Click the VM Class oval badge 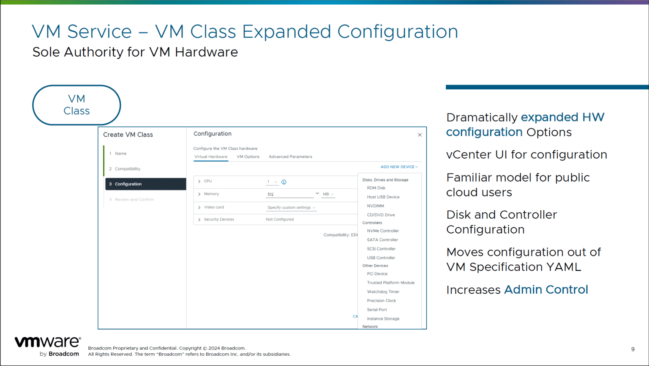(76, 105)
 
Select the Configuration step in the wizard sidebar (145, 184)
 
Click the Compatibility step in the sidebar (127, 169)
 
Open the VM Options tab (248, 157)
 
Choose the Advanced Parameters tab (290, 157)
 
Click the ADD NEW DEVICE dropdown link (399, 167)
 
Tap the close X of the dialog (420, 135)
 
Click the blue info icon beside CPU (284, 182)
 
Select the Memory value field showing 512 (290, 194)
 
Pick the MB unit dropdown (328, 194)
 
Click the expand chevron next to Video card (199, 207)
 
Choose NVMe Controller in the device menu (383, 231)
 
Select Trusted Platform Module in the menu (390, 283)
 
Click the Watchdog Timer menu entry (383, 292)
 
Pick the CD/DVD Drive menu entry (381, 215)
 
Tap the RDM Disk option (376, 188)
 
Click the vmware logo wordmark (47, 342)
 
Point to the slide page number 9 (633, 349)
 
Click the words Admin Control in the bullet (546, 289)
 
